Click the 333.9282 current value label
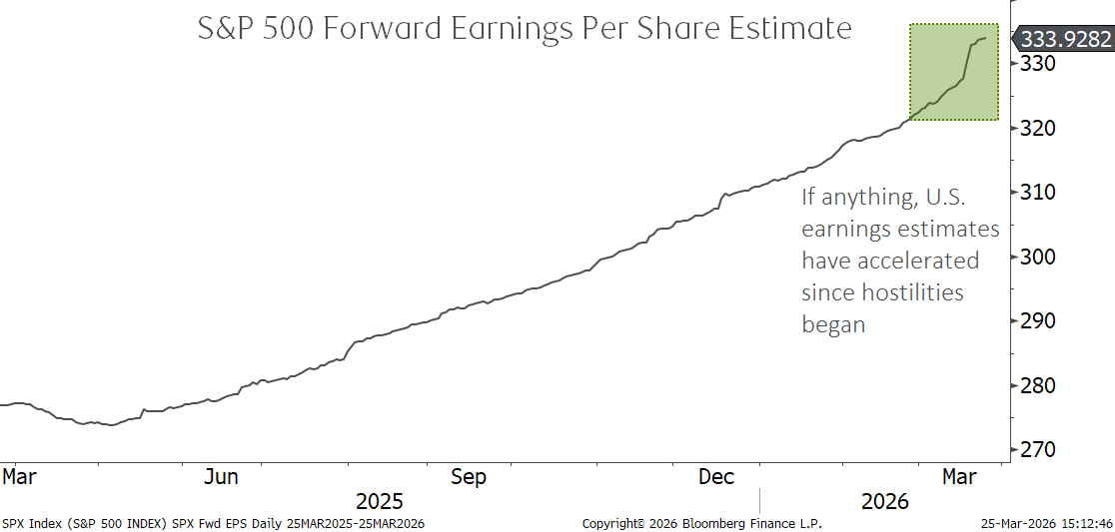coord(1066,39)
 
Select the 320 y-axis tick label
coord(1037,128)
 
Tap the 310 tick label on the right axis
coord(1037,193)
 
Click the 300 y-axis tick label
coord(1037,257)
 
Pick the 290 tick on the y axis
coord(1037,321)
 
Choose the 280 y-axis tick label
coord(1037,385)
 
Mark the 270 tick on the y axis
coord(1037,450)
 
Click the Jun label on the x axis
coord(221,477)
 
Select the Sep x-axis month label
coord(468,477)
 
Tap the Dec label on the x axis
coord(716,477)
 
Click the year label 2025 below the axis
coord(380,501)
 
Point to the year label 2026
coord(884,501)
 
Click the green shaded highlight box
coord(953,72)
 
